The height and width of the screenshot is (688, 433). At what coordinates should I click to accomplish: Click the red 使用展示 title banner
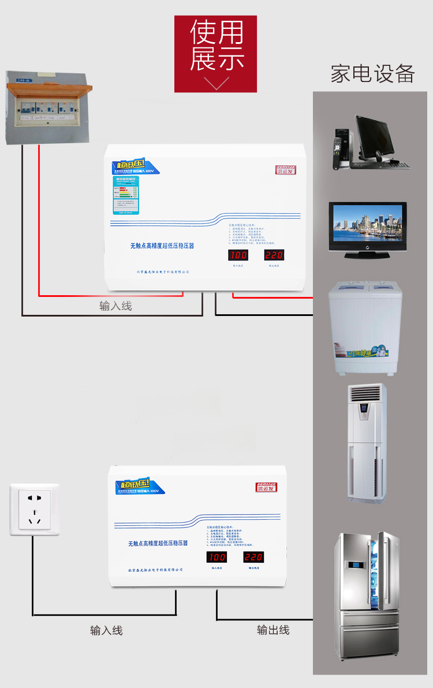(215, 54)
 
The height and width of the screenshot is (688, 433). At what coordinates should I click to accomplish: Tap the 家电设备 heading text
(372, 74)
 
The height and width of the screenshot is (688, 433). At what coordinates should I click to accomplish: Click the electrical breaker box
(48, 107)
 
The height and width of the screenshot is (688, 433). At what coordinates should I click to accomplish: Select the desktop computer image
(371, 143)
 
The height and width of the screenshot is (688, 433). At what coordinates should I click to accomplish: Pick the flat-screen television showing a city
(368, 229)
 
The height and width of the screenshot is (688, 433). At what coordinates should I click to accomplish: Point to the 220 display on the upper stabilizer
(274, 256)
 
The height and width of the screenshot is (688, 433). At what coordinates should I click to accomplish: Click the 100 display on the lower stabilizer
(216, 557)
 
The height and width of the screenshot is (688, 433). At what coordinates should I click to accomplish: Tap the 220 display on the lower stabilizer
(253, 557)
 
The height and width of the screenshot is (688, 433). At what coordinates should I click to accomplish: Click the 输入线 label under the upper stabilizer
(115, 306)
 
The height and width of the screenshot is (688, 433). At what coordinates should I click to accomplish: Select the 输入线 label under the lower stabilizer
(106, 630)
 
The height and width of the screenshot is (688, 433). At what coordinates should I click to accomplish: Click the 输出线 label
(273, 630)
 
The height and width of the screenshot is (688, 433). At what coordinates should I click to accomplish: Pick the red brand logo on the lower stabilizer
(266, 487)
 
